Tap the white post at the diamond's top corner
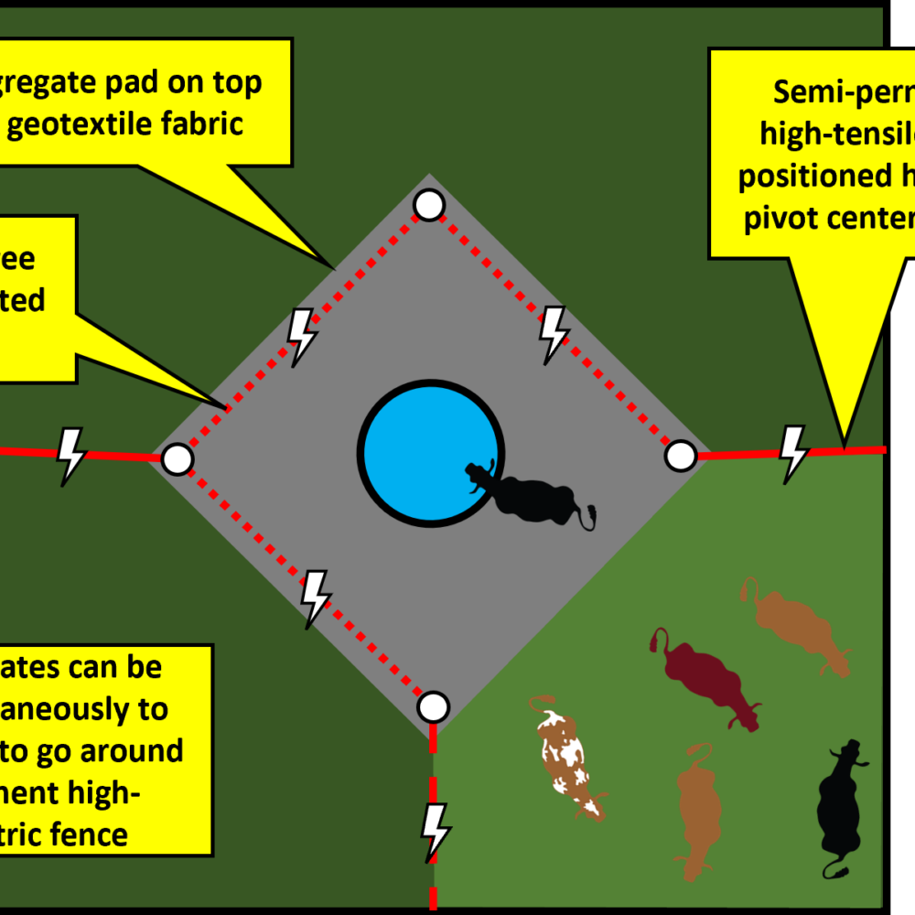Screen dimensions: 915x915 point(429,205)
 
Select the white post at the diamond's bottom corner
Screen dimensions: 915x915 point(433,706)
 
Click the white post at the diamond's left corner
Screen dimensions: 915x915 point(178,459)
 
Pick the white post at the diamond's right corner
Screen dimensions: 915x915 point(680,455)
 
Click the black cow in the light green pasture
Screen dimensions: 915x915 point(840,805)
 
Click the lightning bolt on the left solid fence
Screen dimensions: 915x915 point(71,453)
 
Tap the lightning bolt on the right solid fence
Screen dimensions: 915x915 point(792,452)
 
